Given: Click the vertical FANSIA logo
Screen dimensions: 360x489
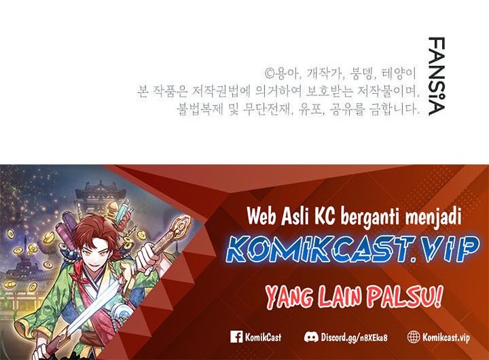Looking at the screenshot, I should pos(437,76).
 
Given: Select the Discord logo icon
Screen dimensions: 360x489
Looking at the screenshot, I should pos(311,336).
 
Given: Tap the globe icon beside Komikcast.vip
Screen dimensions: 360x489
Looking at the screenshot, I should pos(414,336).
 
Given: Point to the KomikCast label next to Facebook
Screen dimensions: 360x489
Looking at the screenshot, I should pos(265,336).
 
